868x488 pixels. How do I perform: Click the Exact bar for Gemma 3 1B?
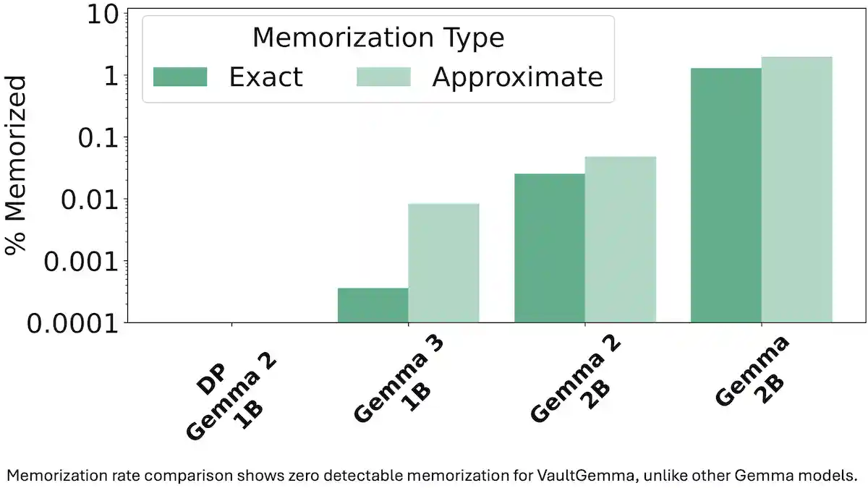tap(373, 305)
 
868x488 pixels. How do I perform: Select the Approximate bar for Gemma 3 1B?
tap(443, 263)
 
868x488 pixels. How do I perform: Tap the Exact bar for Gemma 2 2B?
tap(549, 248)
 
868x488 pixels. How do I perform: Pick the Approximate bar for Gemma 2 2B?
tap(620, 239)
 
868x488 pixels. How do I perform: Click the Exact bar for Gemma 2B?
tap(726, 195)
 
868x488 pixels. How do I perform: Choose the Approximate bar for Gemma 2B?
tap(796, 189)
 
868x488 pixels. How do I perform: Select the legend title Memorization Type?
tap(378, 38)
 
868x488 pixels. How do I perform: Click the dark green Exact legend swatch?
tap(180, 77)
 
